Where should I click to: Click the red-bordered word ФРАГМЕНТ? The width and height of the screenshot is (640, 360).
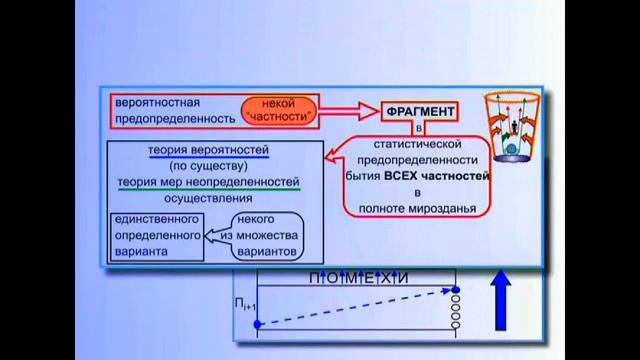[x=419, y=110]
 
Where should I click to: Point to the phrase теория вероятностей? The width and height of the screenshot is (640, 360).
[x=215, y=151]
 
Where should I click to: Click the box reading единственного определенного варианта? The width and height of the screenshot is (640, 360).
[x=154, y=236]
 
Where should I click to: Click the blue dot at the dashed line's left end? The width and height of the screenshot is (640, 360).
[x=258, y=324]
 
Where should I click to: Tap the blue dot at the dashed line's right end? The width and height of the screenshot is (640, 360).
[x=456, y=291]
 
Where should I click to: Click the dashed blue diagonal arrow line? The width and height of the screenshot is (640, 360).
[x=355, y=308]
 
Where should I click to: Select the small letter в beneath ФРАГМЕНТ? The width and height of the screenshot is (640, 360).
[x=419, y=128]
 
